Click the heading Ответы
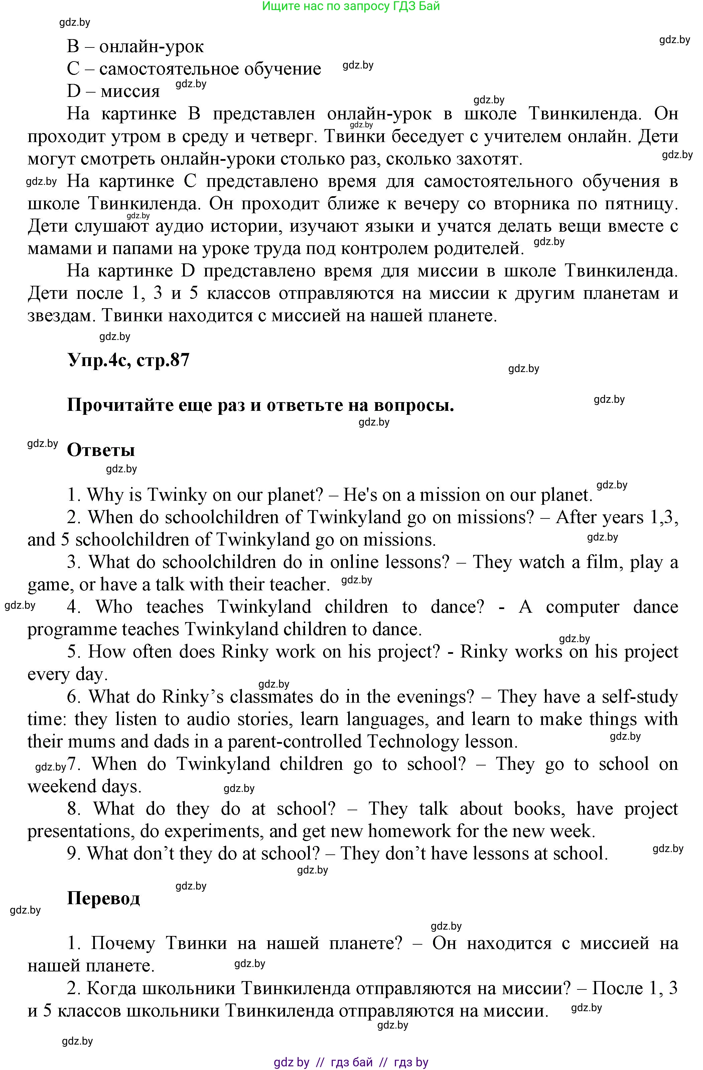(101, 450)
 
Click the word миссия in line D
(130, 91)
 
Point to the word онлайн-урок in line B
(151, 46)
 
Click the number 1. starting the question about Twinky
(74, 495)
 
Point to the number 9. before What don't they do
(74, 853)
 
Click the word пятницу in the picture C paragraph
(646, 204)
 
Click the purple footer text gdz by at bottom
(292, 1062)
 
